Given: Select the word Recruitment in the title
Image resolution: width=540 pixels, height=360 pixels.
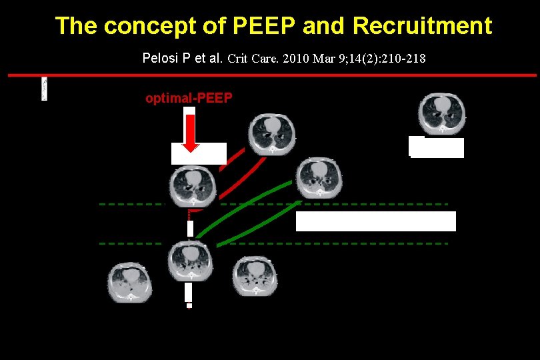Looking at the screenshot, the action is pyautogui.click(x=422, y=26).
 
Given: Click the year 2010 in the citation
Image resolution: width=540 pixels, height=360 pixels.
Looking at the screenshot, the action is pyautogui.click(x=297, y=59).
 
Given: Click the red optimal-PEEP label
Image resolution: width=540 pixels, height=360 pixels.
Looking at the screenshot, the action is pyautogui.click(x=189, y=99).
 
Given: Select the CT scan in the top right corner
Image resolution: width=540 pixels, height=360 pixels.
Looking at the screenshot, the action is pyautogui.click(x=441, y=113).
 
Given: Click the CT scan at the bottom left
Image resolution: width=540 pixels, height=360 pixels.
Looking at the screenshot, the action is pyautogui.click(x=130, y=282).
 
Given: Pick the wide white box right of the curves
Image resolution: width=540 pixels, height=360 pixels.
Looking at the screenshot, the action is pyautogui.click(x=375, y=221).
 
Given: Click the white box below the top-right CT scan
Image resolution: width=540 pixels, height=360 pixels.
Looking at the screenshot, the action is pyautogui.click(x=437, y=147).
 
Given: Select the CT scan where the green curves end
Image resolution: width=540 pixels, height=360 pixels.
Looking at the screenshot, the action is pyautogui.click(x=317, y=177).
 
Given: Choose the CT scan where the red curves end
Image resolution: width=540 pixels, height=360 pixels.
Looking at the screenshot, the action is pyautogui.click(x=270, y=133).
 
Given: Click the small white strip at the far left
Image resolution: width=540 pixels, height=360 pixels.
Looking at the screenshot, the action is pyautogui.click(x=44, y=88).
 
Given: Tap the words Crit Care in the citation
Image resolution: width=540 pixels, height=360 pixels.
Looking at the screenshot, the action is pyautogui.click(x=253, y=59).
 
